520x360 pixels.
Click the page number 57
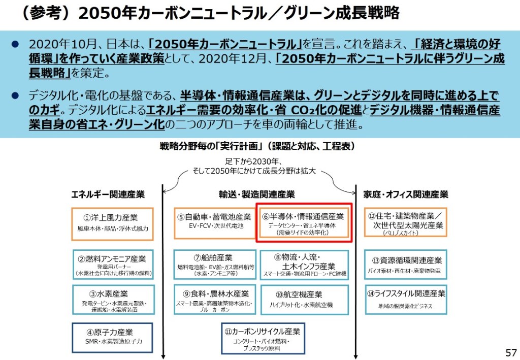coord(510,352)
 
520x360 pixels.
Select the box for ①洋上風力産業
coord(112,222)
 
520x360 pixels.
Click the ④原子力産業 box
coord(112,337)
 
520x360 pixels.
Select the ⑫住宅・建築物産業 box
coord(405,222)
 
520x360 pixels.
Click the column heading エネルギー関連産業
coord(108,194)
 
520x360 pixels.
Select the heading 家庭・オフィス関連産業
coord(406,194)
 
